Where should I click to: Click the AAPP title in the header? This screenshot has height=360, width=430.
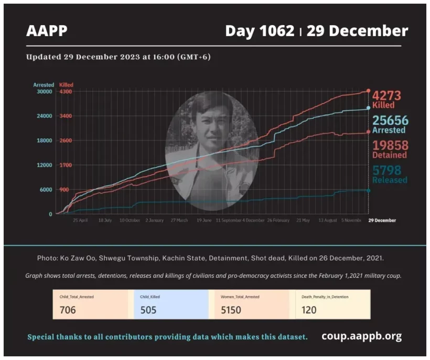point(47,31)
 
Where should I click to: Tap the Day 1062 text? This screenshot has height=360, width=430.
point(260,31)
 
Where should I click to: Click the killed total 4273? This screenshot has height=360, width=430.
point(386,96)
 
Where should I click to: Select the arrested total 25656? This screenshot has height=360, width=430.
point(390,121)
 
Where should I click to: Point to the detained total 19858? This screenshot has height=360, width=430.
point(390,145)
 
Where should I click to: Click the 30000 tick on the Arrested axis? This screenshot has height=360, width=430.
point(44,92)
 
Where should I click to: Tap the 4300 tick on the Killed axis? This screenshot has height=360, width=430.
point(66,92)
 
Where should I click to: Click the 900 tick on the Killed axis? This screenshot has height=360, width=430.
point(64,190)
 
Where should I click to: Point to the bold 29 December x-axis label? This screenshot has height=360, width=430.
point(382,221)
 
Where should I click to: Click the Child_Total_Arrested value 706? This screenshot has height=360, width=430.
point(68,310)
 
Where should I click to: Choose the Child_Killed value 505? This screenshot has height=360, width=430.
point(149,310)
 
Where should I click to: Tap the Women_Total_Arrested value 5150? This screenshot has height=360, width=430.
point(230,310)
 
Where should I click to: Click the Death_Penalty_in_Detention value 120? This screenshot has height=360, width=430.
point(309,310)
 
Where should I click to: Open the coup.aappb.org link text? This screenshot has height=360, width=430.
point(362,336)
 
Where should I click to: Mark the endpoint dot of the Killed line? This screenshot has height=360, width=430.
point(368,91)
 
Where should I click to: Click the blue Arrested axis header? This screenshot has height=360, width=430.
point(44,85)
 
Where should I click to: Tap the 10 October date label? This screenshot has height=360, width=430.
point(130,221)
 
